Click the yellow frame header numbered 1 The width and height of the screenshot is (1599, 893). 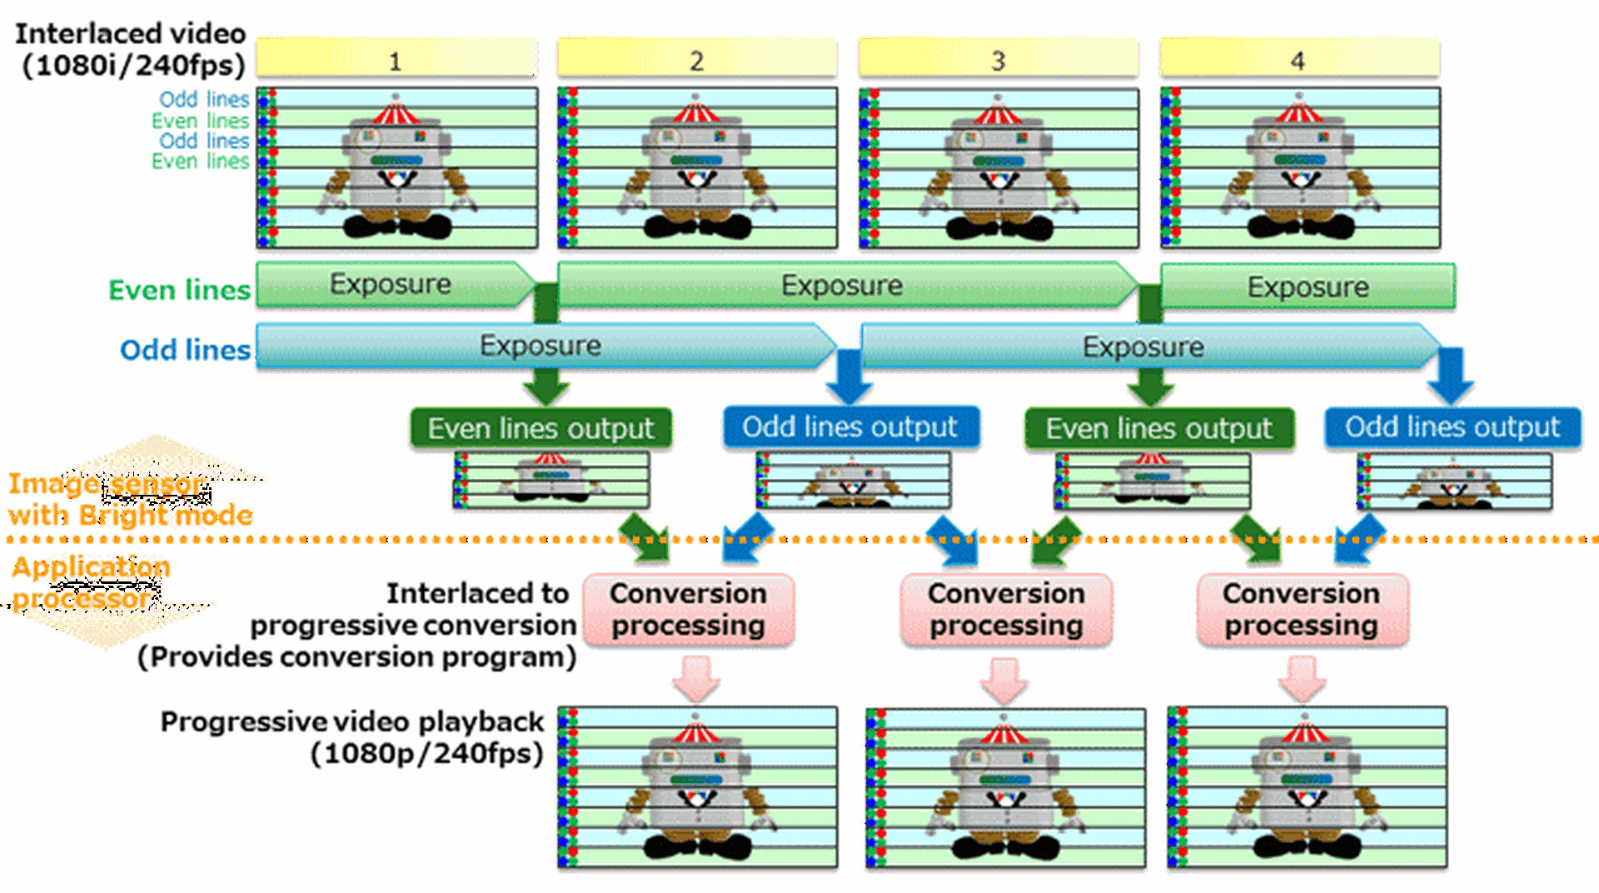click(396, 58)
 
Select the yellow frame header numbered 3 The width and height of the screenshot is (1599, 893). click(999, 58)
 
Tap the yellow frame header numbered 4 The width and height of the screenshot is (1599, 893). click(1299, 58)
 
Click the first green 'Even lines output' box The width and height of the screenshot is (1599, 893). click(541, 428)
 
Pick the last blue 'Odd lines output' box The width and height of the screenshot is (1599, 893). click(1452, 427)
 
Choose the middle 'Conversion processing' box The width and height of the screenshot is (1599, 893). click(1006, 610)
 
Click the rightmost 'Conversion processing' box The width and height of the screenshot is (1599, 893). click(1302, 610)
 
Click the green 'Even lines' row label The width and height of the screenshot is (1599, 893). click(179, 290)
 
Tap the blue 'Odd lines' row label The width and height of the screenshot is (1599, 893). click(185, 350)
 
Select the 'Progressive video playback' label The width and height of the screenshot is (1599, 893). click(352, 721)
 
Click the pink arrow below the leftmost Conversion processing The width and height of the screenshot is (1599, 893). click(696, 677)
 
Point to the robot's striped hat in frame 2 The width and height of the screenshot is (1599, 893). click(696, 112)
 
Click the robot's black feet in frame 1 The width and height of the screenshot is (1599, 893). click(396, 225)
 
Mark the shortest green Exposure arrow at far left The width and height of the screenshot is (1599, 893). click(396, 284)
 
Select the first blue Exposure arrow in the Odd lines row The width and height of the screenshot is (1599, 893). click(546, 346)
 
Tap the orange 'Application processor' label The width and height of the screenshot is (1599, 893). click(90, 582)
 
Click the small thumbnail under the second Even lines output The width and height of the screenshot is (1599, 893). click(1153, 481)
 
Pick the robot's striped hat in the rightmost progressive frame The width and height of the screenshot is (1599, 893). click(1305, 731)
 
